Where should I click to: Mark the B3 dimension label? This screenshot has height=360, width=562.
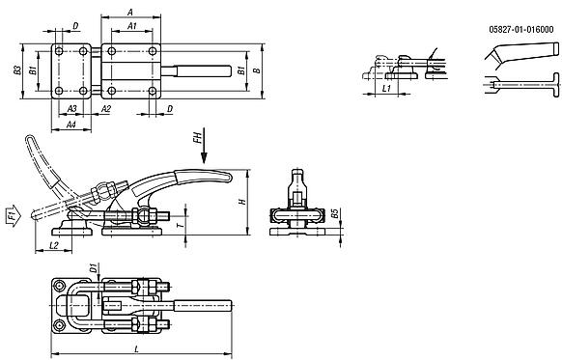click(17, 70)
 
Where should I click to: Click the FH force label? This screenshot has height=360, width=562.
click(197, 139)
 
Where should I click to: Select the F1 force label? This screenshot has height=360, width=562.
click(11, 214)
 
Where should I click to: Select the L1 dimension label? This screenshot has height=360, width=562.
click(385, 87)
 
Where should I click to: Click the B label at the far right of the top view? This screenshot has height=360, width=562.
click(254, 70)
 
